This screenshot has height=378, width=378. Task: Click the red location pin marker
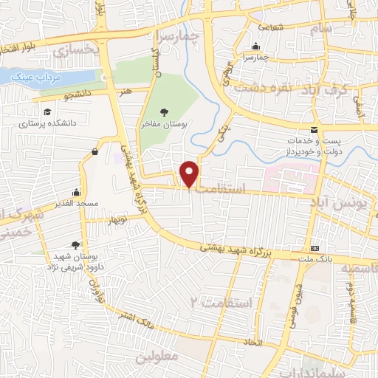click(x=190, y=173)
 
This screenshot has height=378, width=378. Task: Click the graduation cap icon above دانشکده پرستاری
click(x=47, y=113)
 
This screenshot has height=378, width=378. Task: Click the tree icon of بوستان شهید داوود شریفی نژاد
click(x=75, y=245)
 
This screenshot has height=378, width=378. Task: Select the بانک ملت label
click(x=318, y=258)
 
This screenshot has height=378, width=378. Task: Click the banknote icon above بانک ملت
click(x=315, y=247)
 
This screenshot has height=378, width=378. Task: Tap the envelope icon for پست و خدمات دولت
click(x=315, y=128)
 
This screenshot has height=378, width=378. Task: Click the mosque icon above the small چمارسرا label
click(x=256, y=45)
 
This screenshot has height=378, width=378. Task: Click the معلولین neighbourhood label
click(x=157, y=356)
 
